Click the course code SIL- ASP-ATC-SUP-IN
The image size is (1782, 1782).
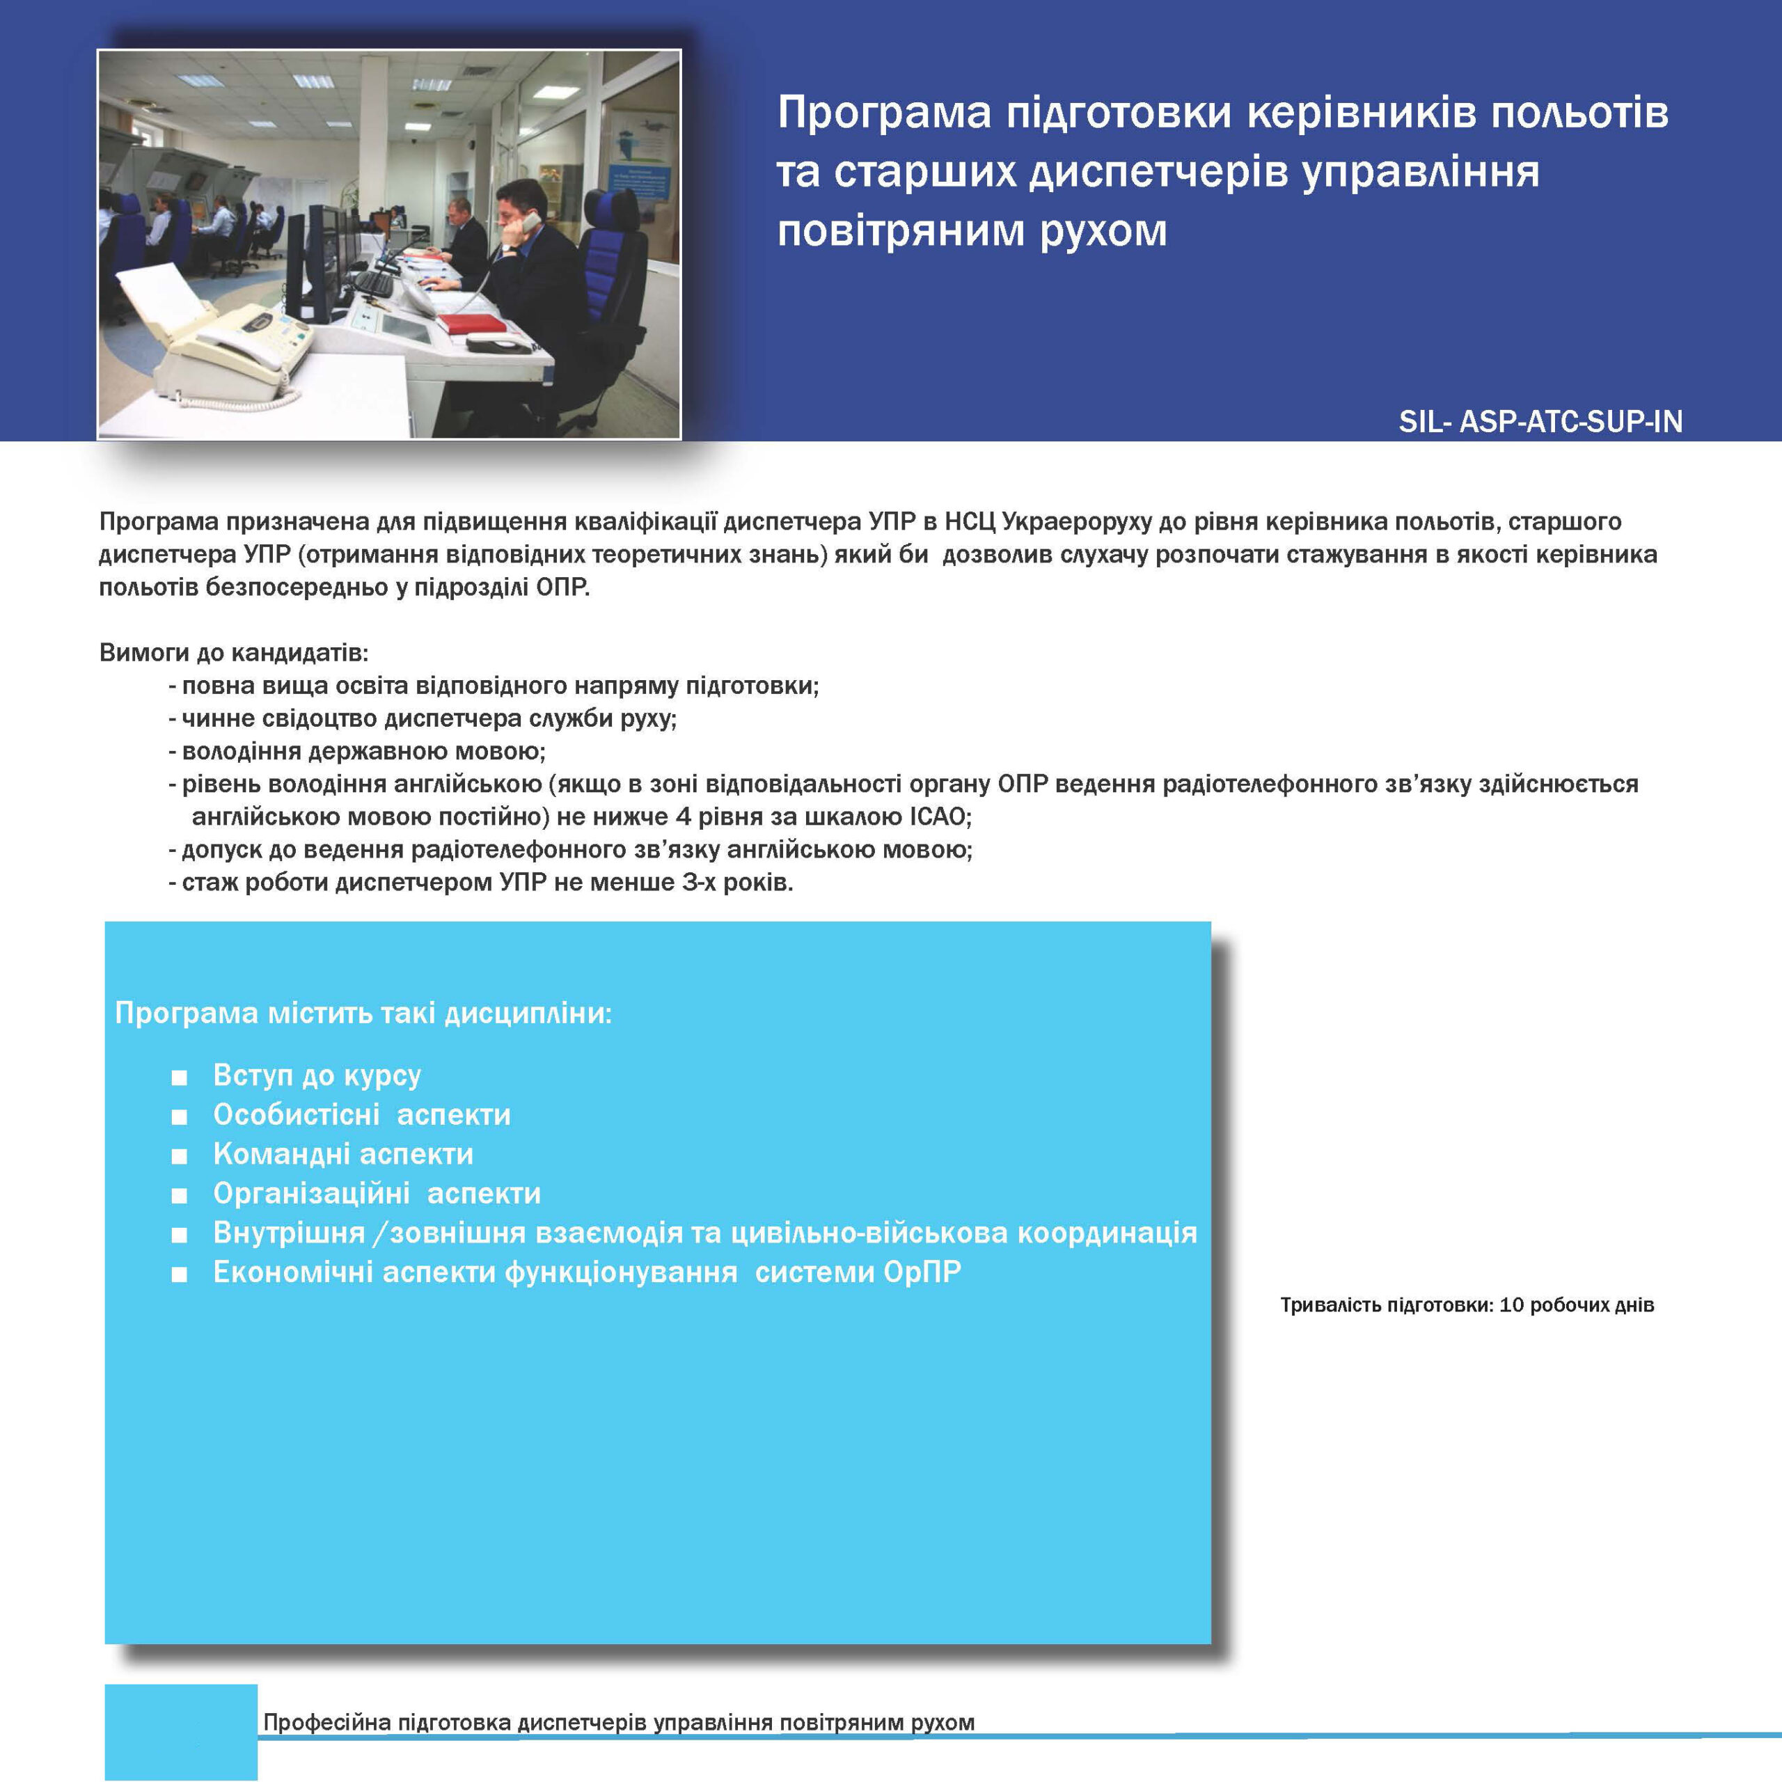pos(1540,422)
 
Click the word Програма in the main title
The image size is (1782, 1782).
pos(883,113)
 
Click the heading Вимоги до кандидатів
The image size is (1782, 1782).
pos(233,653)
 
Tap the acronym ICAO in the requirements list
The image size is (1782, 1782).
pos(938,817)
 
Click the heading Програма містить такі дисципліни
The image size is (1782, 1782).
pos(363,1013)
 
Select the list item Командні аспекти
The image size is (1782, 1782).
pos(343,1154)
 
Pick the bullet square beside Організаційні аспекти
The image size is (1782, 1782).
pos(179,1195)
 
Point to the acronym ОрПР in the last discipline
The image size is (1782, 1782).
pos(922,1272)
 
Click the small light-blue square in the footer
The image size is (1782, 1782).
pos(181,1731)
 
